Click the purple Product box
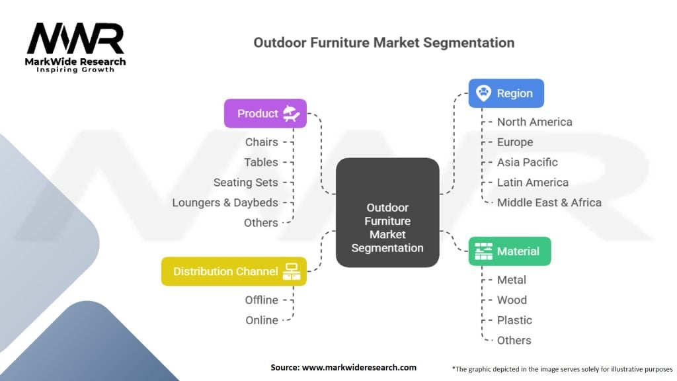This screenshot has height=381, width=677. click(264, 113)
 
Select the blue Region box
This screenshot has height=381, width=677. click(506, 93)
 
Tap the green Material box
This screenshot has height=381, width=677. click(509, 251)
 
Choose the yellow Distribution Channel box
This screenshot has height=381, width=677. click(233, 271)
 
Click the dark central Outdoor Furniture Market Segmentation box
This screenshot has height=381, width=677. click(387, 212)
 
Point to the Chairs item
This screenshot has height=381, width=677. click(261, 142)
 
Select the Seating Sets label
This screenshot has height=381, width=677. click(245, 182)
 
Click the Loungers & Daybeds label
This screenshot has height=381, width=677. click(225, 202)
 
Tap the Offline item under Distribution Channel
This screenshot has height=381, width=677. click(261, 300)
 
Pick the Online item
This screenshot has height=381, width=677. click(262, 320)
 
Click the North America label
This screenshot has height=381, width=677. click(534, 122)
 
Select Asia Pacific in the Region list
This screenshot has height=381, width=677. click(527, 162)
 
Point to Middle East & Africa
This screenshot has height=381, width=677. click(549, 202)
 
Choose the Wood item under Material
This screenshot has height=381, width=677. click(512, 300)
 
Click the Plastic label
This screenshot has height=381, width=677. click(514, 320)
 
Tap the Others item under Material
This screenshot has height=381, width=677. click(514, 340)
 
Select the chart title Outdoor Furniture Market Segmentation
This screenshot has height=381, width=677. click(383, 42)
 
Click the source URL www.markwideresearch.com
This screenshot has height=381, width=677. click(360, 367)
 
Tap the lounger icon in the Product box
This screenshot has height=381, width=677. click(292, 113)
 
